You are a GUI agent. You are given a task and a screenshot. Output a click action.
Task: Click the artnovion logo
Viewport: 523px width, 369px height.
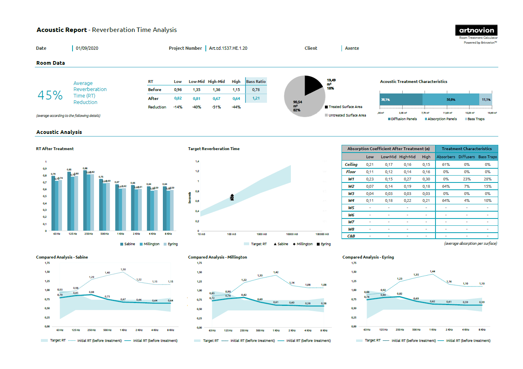(x=476, y=30)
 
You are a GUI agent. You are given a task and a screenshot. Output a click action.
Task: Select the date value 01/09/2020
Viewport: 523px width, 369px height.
(x=87, y=48)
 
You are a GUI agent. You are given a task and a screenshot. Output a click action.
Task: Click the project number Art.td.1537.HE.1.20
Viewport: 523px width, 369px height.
(x=228, y=48)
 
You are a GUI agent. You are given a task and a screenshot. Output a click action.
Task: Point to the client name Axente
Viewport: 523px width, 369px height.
(x=352, y=48)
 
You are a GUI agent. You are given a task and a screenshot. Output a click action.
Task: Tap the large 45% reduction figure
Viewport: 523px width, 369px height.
(x=50, y=95)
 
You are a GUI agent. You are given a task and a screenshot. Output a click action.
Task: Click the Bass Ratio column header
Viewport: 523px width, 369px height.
(x=256, y=81)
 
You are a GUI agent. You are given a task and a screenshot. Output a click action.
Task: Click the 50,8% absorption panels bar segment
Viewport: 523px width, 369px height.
(x=450, y=99)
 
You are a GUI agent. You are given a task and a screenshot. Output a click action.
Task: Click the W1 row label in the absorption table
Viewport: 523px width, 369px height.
(x=351, y=179)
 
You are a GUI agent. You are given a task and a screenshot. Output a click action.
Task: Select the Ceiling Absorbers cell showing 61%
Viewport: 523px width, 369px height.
(x=446, y=165)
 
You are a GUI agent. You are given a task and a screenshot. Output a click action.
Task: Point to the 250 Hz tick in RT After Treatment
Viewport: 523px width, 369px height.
(x=88, y=234)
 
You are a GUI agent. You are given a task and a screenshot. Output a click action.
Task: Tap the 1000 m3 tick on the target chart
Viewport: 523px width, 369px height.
(x=262, y=234)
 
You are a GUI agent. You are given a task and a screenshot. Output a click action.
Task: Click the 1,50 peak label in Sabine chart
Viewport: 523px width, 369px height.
(x=123, y=269)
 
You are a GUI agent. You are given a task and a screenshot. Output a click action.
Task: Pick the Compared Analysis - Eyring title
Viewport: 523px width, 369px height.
(x=368, y=257)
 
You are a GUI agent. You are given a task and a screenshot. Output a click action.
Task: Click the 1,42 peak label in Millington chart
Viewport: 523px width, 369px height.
(x=276, y=272)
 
